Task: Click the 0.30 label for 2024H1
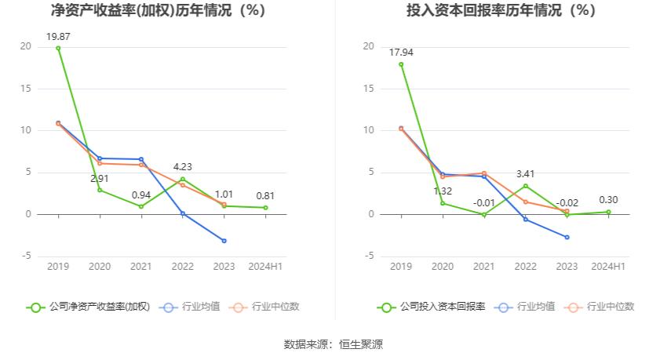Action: coord(608,199)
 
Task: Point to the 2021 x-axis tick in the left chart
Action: coord(141,267)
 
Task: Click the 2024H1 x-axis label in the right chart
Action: coord(608,267)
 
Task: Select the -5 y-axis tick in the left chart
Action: coord(26,256)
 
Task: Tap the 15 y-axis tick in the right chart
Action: coord(368,89)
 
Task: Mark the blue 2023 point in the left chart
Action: coord(224,241)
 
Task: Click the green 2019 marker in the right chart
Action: coord(401,64)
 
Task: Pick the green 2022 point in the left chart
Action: coord(183,179)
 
